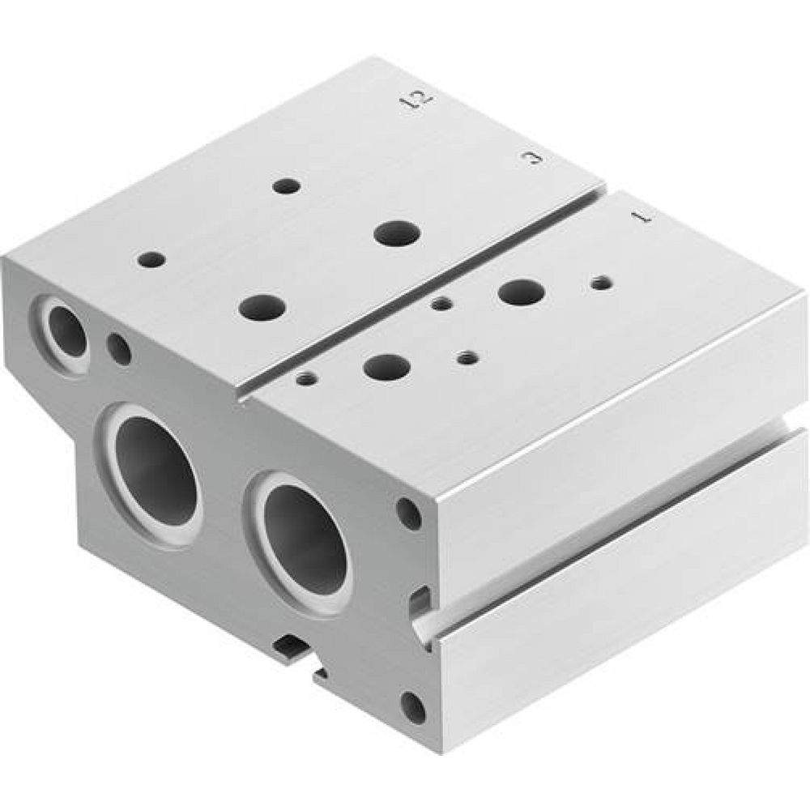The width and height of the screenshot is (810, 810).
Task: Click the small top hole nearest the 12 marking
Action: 286,186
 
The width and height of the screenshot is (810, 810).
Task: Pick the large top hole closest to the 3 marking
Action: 396,232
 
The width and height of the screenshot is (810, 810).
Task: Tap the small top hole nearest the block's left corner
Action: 151,260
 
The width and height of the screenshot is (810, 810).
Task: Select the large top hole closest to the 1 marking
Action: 521,292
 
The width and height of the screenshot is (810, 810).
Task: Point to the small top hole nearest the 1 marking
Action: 600,283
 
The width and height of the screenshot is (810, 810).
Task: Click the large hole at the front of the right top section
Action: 385,369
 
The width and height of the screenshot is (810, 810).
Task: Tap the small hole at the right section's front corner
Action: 306,378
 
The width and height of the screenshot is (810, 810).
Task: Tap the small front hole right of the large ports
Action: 410,514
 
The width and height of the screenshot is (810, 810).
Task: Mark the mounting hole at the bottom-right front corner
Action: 412,708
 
